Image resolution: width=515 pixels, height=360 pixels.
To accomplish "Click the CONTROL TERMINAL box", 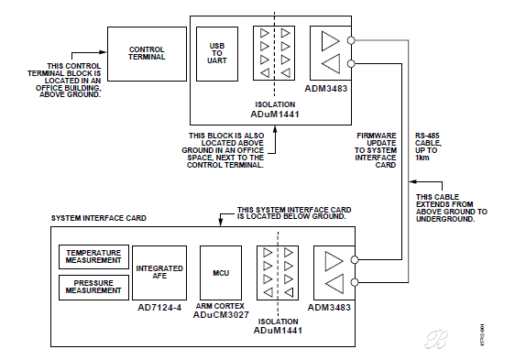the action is tap(147, 54).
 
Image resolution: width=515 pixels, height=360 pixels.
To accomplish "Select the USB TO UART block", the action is tap(217, 54).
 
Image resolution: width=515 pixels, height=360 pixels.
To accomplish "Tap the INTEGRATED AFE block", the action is tap(159, 273).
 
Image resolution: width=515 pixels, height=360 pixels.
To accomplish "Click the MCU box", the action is tap(221, 273).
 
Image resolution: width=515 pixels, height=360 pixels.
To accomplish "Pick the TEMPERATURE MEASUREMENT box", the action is tap(93, 256).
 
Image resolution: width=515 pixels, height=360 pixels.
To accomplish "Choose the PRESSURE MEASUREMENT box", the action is tap(93, 287).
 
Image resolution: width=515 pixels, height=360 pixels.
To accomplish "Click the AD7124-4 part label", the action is tap(159, 308).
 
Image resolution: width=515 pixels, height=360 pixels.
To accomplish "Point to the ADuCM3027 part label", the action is tap(221, 315).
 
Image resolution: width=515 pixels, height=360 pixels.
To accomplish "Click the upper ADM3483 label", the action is tap(326, 89).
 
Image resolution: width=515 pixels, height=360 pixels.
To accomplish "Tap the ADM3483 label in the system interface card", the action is tap(329, 308).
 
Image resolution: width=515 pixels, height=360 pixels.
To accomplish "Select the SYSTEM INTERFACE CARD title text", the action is tap(99, 218).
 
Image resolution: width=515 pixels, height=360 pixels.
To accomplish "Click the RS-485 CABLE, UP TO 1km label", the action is tap(428, 147).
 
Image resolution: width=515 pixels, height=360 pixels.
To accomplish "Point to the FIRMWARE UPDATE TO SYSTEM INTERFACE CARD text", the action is tap(376, 150).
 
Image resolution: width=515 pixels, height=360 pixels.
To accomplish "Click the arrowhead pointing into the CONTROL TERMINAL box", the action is tap(104, 52).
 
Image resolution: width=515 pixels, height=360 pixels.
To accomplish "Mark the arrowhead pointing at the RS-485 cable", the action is tap(413, 181).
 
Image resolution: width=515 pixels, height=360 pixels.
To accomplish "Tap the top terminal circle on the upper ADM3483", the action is tap(351, 40).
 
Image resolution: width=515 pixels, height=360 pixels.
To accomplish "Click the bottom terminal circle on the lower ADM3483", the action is tap(355, 282).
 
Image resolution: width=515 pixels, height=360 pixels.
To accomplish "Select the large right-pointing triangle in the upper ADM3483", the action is tap(330, 41).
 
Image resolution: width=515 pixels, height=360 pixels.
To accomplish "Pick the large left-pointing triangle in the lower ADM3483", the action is tap(334, 283).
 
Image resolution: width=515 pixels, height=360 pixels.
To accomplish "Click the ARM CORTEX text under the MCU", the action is tap(220, 306).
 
